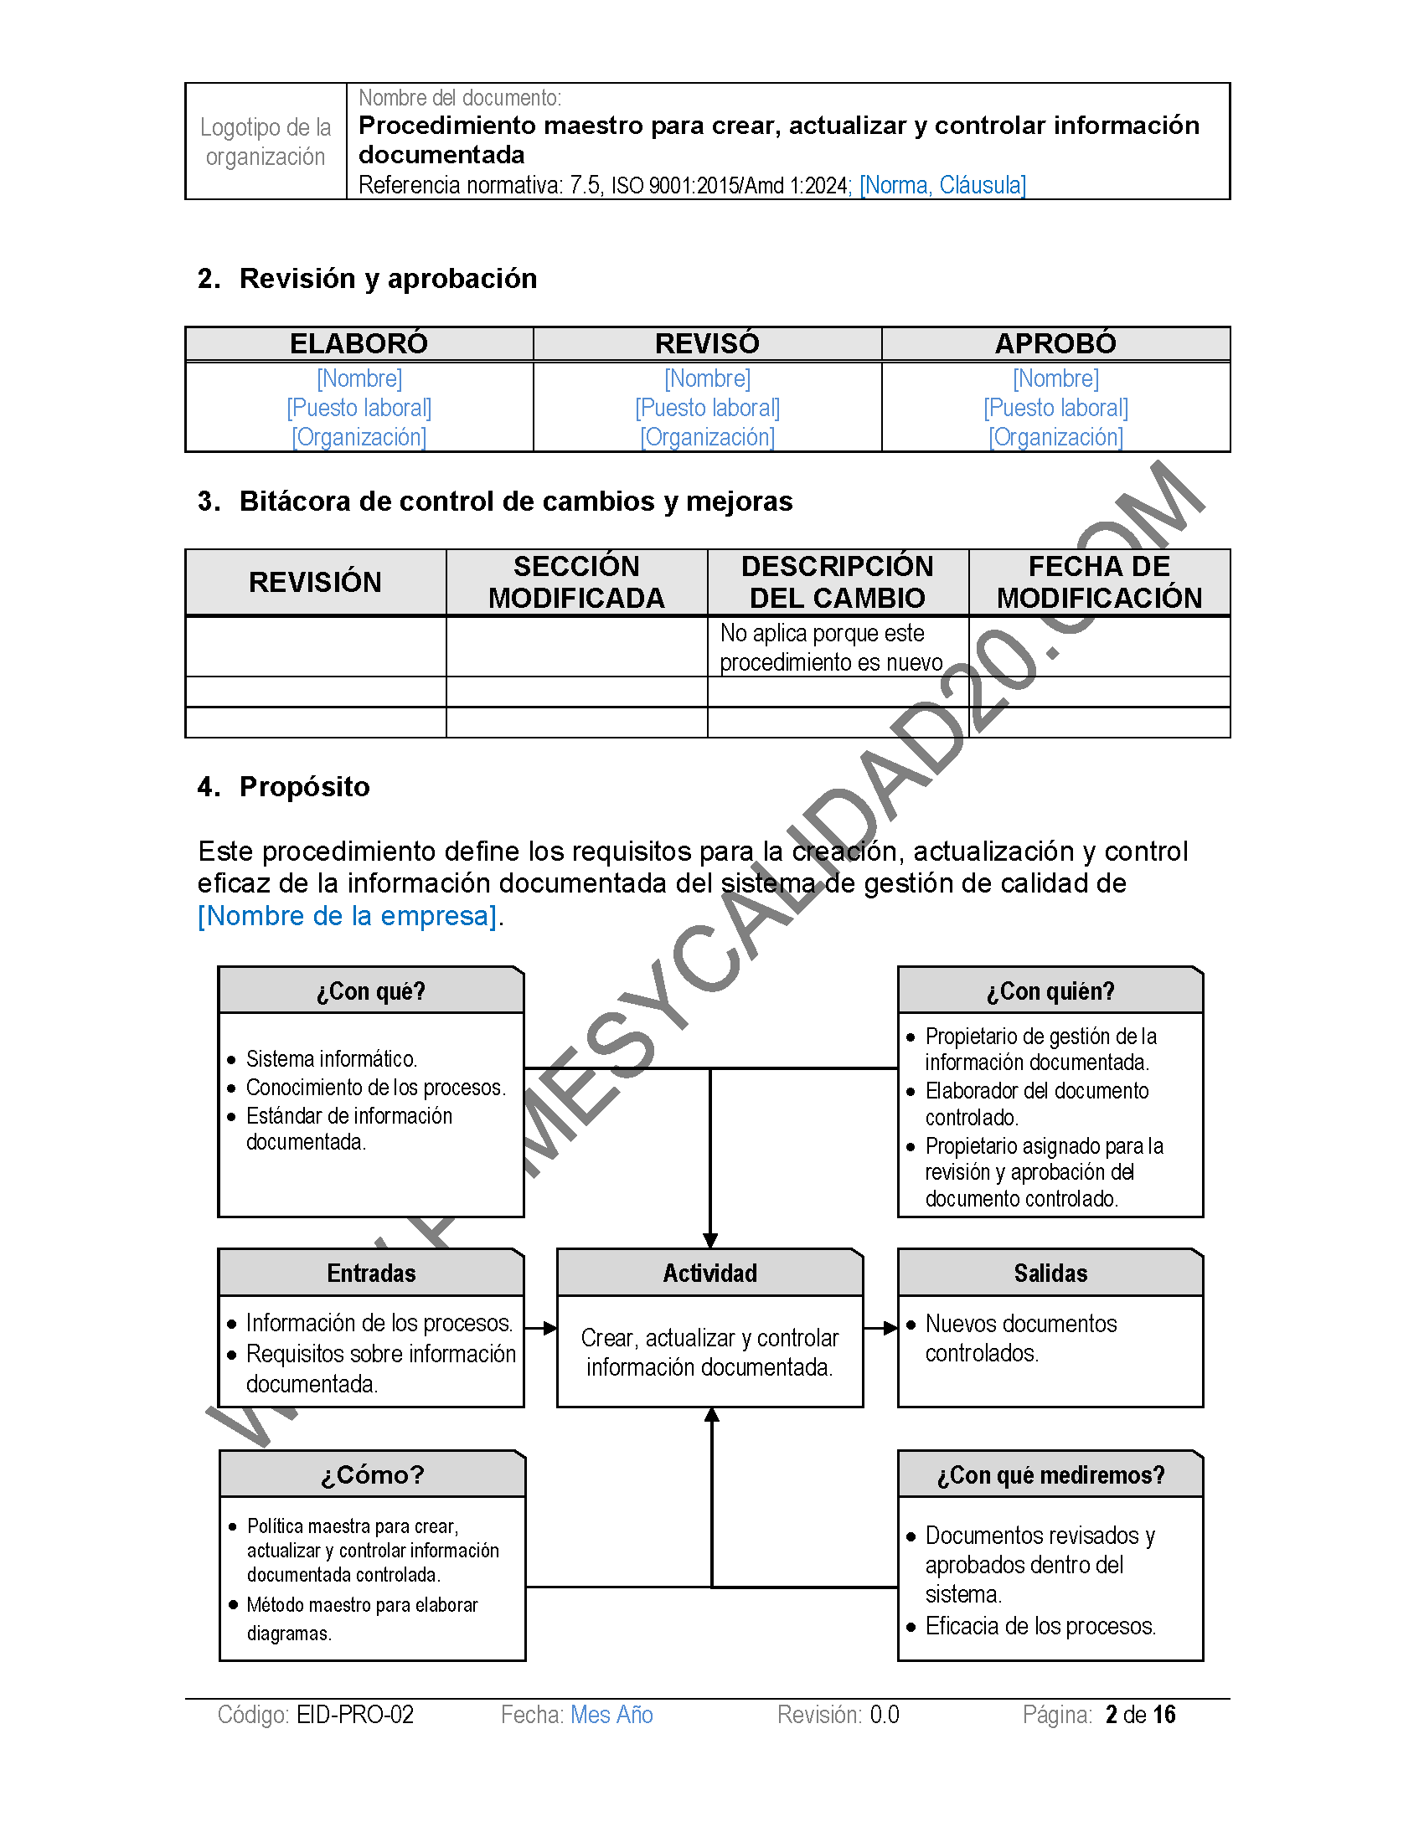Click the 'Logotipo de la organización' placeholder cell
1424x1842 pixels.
point(265,141)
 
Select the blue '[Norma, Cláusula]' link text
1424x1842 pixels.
point(942,185)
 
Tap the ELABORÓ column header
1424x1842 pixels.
point(359,343)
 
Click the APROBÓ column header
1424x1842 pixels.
point(1055,343)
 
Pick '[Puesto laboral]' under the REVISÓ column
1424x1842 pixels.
point(707,409)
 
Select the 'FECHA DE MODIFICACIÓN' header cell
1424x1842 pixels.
point(1099,582)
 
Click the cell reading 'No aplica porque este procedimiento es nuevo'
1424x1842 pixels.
point(831,647)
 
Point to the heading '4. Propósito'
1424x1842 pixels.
point(283,786)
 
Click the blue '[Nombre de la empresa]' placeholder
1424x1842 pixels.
point(347,915)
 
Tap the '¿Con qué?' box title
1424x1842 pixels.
point(371,991)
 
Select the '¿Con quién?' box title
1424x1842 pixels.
point(1050,991)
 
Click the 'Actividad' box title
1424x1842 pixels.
point(709,1273)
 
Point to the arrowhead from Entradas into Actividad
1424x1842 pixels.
point(550,1329)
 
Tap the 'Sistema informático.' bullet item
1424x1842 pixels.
point(332,1058)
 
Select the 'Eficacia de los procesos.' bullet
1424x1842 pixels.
point(1040,1625)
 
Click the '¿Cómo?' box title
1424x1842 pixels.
point(372,1474)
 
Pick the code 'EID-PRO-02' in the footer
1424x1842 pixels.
point(355,1715)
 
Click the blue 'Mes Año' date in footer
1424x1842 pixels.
point(611,1715)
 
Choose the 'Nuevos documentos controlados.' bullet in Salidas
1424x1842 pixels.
point(1020,1338)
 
